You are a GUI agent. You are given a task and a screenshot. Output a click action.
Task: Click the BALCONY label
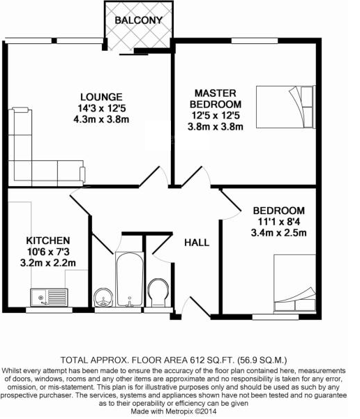[139, 20]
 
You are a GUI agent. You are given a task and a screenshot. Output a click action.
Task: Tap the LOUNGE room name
[101, 97]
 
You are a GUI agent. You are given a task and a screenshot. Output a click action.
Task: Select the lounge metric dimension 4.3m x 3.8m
[101, 119]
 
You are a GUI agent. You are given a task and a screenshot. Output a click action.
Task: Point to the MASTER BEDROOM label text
[216, 98]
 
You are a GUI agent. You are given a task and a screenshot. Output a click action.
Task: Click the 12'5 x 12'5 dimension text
[216, 116]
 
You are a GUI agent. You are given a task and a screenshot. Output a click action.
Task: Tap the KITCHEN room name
[48, 241]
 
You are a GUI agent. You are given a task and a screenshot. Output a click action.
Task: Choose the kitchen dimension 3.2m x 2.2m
[48, 263]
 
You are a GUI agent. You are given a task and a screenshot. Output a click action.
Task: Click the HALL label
[197, 243]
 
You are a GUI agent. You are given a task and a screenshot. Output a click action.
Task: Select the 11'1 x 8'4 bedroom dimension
[278, 222]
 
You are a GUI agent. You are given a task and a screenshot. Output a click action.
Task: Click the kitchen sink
[49, 297]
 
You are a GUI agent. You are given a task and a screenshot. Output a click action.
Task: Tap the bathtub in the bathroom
[130, 280]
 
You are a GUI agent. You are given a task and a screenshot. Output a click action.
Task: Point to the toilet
[158, 293]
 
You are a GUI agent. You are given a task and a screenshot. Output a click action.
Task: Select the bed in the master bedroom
[285, 107]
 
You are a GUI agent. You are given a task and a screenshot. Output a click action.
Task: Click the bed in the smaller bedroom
[294, 283]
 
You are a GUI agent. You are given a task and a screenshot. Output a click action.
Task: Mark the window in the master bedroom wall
[255, 40]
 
